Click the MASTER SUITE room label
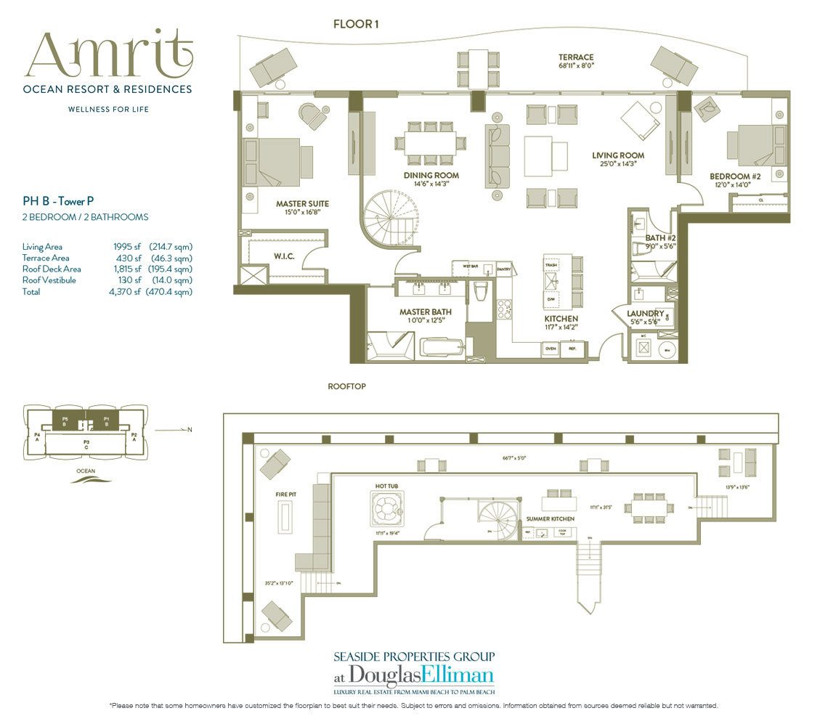click(x=303, y=204)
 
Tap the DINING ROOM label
click(x=431, y=176)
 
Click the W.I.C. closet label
click(x=283, y=255)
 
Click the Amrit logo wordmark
click(x=110, y=56)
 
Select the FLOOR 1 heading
click(x=356, y=24)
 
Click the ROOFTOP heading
click(x=347, y=387)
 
